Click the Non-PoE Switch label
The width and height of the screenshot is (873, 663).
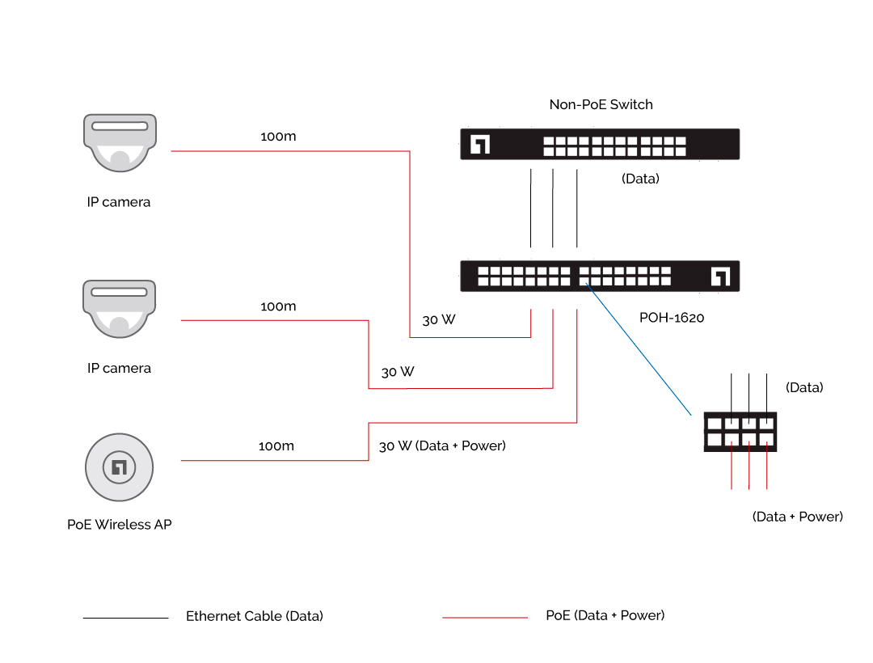pyautogui.click(x=601, y=104)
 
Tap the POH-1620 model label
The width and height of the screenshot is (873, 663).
pyautogui.click(x=672, y=318)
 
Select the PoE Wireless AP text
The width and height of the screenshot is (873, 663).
pyautogui.click(x=120, y=524)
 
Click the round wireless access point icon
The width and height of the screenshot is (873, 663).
pyautogui.click(x=120, y=467)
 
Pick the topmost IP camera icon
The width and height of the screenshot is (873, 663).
pyautogui.click(x=120, y=142)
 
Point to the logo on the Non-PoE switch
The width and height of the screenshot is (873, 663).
pyautogui.click(x=480, y=145)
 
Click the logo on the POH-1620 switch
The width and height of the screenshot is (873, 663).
pyautogui.click(x=720, y=277)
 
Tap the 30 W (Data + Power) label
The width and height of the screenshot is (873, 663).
pyautogui.click(x=442, y=446)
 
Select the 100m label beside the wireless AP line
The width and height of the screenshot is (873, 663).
pyautogui.click(x=276, y=446)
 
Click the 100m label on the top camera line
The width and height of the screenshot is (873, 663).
pyautogui.click(x=278, y=137)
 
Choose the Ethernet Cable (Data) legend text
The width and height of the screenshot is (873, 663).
pyautogui.click(x=255, y=616)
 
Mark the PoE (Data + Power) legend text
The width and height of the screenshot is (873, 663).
pyautogui.click(x=605, y=615)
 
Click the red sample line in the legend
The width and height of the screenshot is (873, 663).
pyautogui.click(x=485, y=618)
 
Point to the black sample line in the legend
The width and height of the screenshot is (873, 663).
pyautogui.click(x=125, y=619)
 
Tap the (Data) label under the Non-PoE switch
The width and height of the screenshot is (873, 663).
pyautogui.click(x=640, y=179)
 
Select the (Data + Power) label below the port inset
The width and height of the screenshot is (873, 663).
pyautogui.click(x=798, y=516)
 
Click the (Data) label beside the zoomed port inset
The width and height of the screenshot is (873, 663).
pyautogui.click(x=804, y=387)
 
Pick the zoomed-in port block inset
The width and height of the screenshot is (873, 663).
pyautogui.click(x=740, y=432)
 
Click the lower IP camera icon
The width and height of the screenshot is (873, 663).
pyautogui.click(x=120, y=308)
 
